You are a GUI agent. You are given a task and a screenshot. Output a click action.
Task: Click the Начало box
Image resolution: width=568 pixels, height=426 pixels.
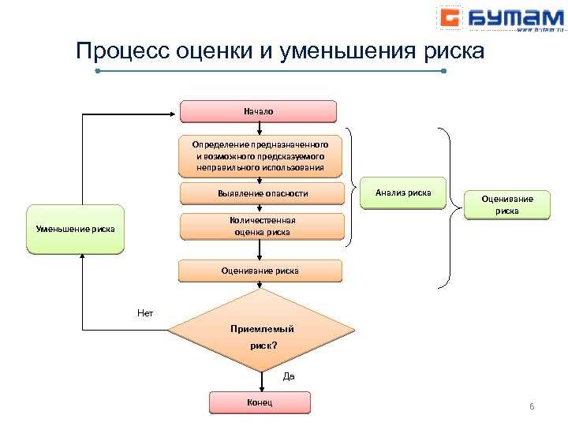click(x=259, y=111)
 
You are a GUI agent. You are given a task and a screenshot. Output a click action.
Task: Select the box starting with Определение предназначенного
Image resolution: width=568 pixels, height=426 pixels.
click(x=260, y=156)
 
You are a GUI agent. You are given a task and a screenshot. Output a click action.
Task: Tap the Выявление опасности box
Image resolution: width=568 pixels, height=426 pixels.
click(x=263, y=193)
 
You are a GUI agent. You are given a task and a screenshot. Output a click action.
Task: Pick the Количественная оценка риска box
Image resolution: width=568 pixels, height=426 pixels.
click(x=263, y=226)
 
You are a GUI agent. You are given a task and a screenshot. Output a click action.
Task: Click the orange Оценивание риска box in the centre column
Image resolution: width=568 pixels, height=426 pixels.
click(x=260, y=271)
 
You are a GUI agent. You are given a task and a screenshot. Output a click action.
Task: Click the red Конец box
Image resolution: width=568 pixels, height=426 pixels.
click(x=260, y=402)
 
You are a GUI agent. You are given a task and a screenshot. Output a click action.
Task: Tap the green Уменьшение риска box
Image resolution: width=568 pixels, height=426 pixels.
click(x=76, y=230)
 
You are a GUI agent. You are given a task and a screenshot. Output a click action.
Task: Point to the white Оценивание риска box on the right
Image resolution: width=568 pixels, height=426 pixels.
click(x=507, y=204)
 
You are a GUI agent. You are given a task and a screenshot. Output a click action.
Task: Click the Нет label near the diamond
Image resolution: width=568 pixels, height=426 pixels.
click(x=145, y=313)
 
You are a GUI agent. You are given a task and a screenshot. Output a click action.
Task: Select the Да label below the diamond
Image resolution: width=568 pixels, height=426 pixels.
click(x=289, y=377)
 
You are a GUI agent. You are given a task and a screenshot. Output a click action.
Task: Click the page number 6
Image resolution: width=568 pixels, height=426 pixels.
click(x=532, y=406)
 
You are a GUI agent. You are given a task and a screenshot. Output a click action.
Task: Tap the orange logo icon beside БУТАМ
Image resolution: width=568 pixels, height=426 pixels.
click(x=450, y=17)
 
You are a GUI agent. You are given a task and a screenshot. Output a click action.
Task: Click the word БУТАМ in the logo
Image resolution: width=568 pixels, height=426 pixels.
click(x=506, y=17)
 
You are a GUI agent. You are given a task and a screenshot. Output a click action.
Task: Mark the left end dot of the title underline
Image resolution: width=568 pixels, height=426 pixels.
click(x=98, y=71)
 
